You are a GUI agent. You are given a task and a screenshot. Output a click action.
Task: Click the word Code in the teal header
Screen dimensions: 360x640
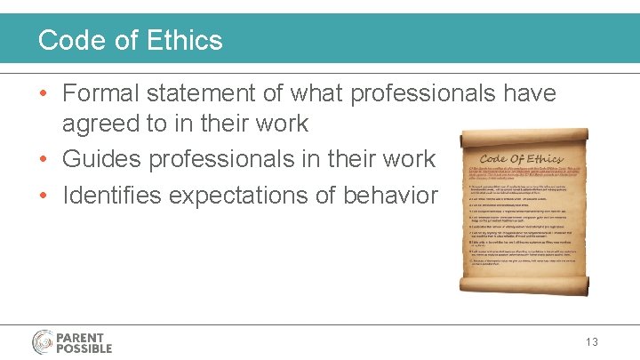(x=69, y=40)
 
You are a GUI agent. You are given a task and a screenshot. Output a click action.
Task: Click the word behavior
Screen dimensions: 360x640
(x=392, y=195)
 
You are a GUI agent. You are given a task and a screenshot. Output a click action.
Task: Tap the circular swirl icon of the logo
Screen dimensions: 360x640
(x=43, y=341)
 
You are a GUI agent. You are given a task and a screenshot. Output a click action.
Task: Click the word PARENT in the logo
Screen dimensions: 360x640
(x=81, y=336)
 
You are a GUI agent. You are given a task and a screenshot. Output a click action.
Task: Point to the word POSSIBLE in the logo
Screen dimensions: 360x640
(x=85, y=348)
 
